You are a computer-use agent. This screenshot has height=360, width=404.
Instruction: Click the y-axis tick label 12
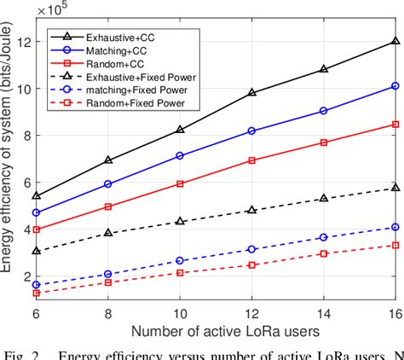click(25, 42)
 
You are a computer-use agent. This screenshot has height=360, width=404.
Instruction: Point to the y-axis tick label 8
click(28, 136)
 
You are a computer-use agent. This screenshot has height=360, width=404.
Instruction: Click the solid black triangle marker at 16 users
click(394, 41)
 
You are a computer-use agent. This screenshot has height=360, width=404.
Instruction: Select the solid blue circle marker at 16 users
click(394, 85)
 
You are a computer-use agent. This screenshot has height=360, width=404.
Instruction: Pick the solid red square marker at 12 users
click(251, 160)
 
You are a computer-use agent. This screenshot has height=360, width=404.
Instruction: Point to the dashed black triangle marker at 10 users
click(179, 221)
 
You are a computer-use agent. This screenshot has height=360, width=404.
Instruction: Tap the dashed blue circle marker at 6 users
click(36, 285)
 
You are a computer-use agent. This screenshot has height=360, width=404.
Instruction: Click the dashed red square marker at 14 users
click(322, 253)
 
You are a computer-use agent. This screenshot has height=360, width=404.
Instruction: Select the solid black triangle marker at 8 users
click(107, 160)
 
